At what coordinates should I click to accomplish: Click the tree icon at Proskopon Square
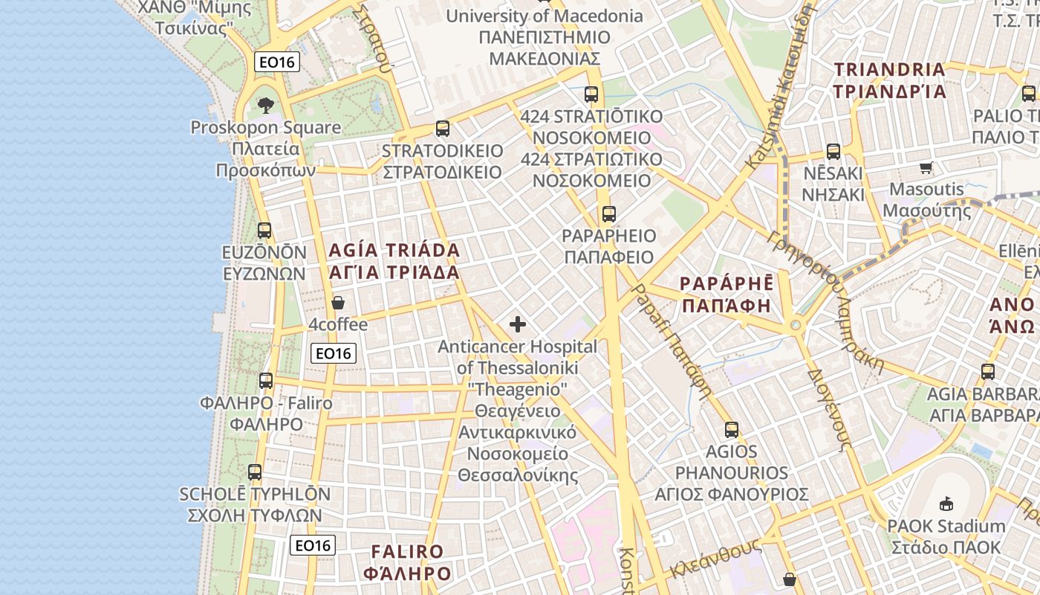pos(266,105)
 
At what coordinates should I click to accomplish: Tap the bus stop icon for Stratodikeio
pos(443,129)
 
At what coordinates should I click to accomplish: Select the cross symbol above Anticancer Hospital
pos(518,324)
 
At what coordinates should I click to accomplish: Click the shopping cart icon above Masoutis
pos(926,167)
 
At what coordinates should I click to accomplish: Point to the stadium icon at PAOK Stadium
pos(946,504)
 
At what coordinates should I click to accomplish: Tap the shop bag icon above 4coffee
pos(338,303)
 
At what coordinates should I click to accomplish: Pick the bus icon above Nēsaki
pos(833,151)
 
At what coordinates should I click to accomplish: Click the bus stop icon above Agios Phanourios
pos(732,429)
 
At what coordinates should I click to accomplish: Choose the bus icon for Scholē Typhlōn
pos(255,472)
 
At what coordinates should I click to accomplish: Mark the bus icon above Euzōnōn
pos(264,230)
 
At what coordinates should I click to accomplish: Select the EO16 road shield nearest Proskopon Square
pos(277,62)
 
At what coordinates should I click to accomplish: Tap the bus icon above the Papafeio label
pos(609,214)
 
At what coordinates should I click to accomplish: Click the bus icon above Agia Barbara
pos(988,371)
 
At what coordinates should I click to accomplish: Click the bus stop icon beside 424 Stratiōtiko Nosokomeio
pos(591,94)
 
